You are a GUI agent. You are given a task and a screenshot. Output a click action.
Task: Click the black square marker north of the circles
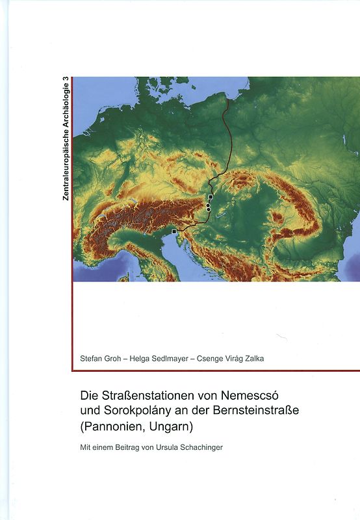(x=211, y=196)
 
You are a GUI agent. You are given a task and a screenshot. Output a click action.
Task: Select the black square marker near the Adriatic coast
(x=174, y=231)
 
